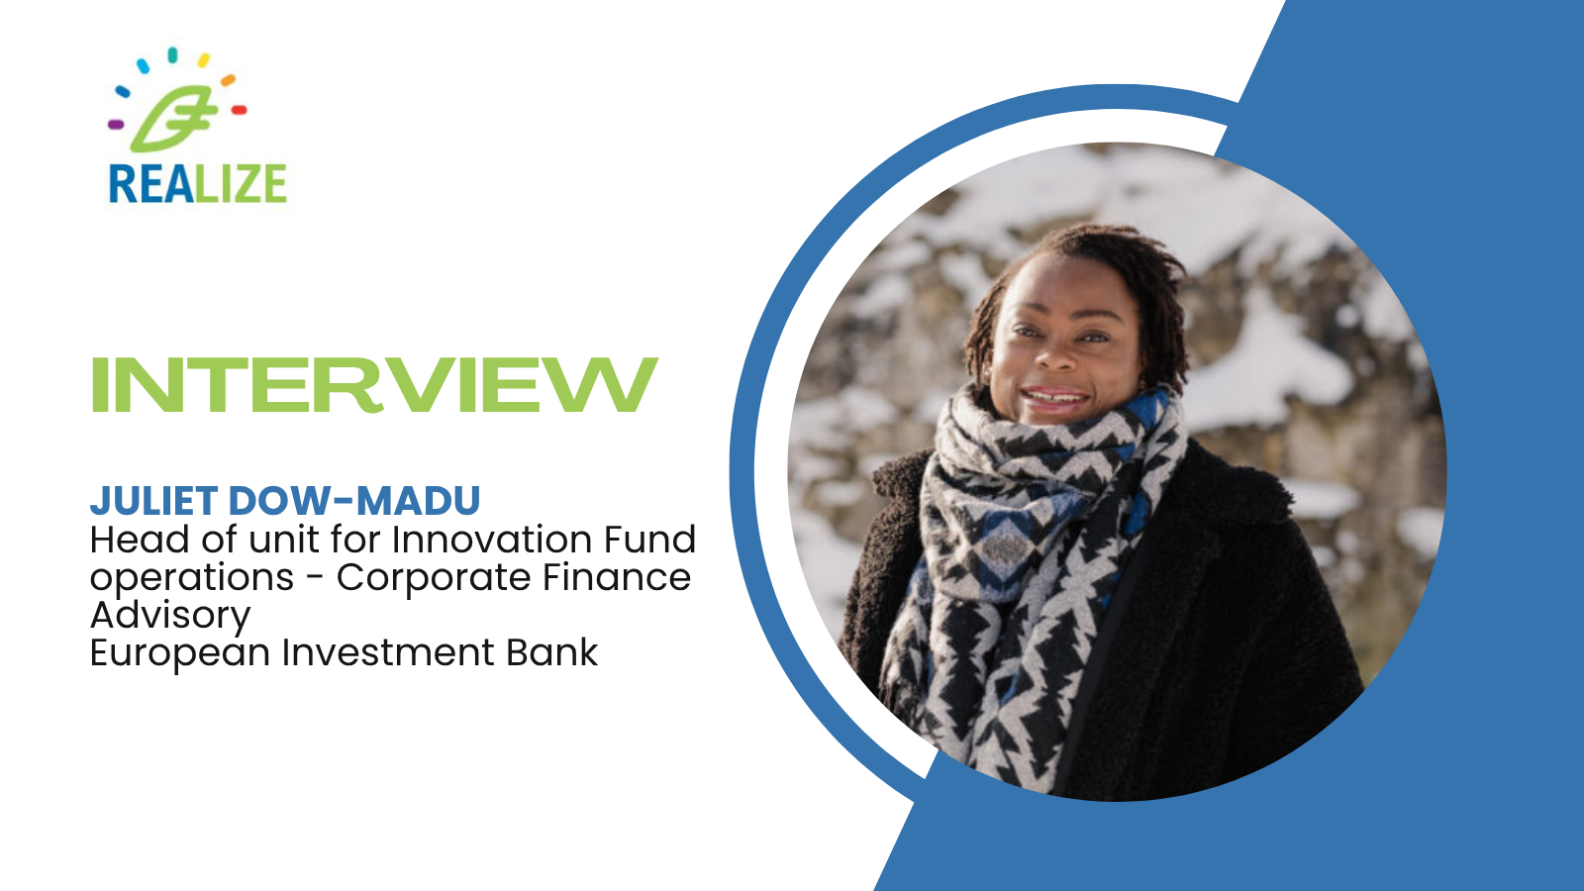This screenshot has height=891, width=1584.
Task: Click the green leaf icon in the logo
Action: (x=173, y=119)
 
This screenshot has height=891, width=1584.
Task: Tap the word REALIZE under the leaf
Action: (x=198, y=184)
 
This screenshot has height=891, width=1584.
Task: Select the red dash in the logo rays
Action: (x=239, y=110)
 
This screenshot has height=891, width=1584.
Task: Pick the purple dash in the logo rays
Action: (x=116, y=125)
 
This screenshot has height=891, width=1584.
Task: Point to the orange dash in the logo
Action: (x=228, y=80)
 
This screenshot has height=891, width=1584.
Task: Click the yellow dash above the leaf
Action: (x=204, y=60)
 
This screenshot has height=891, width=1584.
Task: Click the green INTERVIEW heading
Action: (x=375, y=384)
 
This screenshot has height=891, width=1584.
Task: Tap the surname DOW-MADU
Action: (x=354, y=501)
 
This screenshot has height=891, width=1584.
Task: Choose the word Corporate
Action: (x=434, y=577)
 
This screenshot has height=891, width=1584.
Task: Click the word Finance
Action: (x=617, y=577)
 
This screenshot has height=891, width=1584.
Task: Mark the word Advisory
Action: (x=170, y=615)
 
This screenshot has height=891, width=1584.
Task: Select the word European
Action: (x=180, y=652)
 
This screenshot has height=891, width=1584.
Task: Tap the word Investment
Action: (x=388, y=652)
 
